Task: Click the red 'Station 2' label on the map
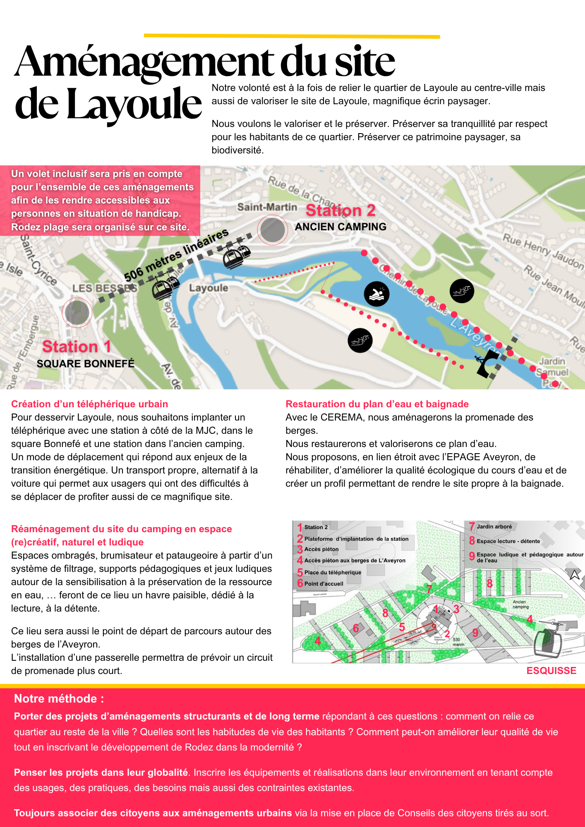(x=340, y=210)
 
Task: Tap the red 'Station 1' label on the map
(x=77, y=347)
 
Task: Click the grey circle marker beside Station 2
(x=272, y=230)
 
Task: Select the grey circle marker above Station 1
(x=77, y=313)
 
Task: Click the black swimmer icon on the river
(x=376, y=294)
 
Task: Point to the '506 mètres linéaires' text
(x=176, y=255)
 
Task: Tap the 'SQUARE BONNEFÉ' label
(x=86, y=363)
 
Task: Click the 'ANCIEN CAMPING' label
(x=340, y=227)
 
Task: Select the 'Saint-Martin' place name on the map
(x=267, y=207)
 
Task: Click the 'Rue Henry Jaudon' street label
(x=542, y=251)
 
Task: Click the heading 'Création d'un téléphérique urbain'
(x=89, y=404)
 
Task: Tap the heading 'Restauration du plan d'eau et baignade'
(x=377, y=404)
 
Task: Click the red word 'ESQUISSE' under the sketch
(x=551, y=671)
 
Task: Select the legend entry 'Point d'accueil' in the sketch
(x=324, y=584)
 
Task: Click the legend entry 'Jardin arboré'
(x=494, y=527)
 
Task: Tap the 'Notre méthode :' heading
(x=59, y=699)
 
